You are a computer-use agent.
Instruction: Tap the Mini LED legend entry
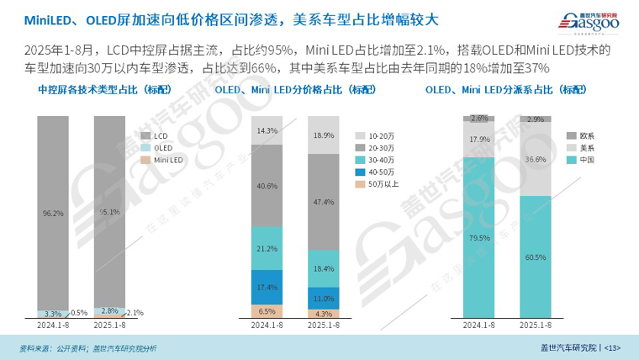pyautogui.click(x=166, y=160)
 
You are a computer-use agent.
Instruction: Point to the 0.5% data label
pyautogui.click(x=78, y=313)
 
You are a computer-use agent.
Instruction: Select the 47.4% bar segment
pyautogui.click(x=323, y=202)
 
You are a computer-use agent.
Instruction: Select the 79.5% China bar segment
pyautogui.click(x=478, y=237)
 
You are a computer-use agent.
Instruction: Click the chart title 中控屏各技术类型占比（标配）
pyautogui.click(x=92, y=89)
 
